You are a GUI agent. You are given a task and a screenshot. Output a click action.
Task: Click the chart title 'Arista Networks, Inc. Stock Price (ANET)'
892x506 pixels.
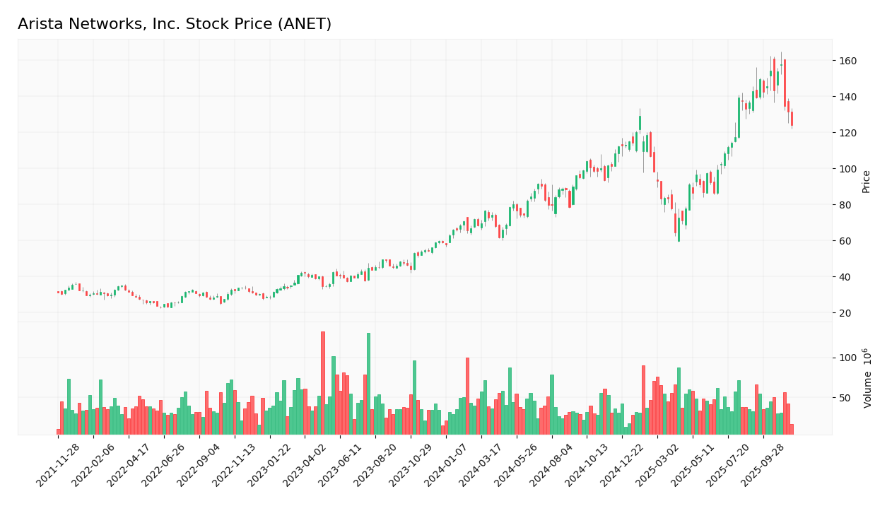click(x=175, y=25)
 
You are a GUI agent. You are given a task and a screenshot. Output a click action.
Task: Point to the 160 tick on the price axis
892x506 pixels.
click(x=847, y=61)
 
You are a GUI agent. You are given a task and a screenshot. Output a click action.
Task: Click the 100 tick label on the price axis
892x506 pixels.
click(x=847, y=169)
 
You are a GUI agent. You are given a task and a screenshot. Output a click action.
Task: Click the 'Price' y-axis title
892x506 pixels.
click(x=866, y=181)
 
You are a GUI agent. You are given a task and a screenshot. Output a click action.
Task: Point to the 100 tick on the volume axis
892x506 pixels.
click(x=847, y=358)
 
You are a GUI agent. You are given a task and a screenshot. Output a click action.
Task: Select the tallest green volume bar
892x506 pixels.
click(x=368, y=384)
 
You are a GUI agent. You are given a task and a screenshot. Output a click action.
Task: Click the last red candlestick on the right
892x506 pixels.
click(x=792, y=119)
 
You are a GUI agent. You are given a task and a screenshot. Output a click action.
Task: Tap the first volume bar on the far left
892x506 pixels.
click(x=59, y=432)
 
